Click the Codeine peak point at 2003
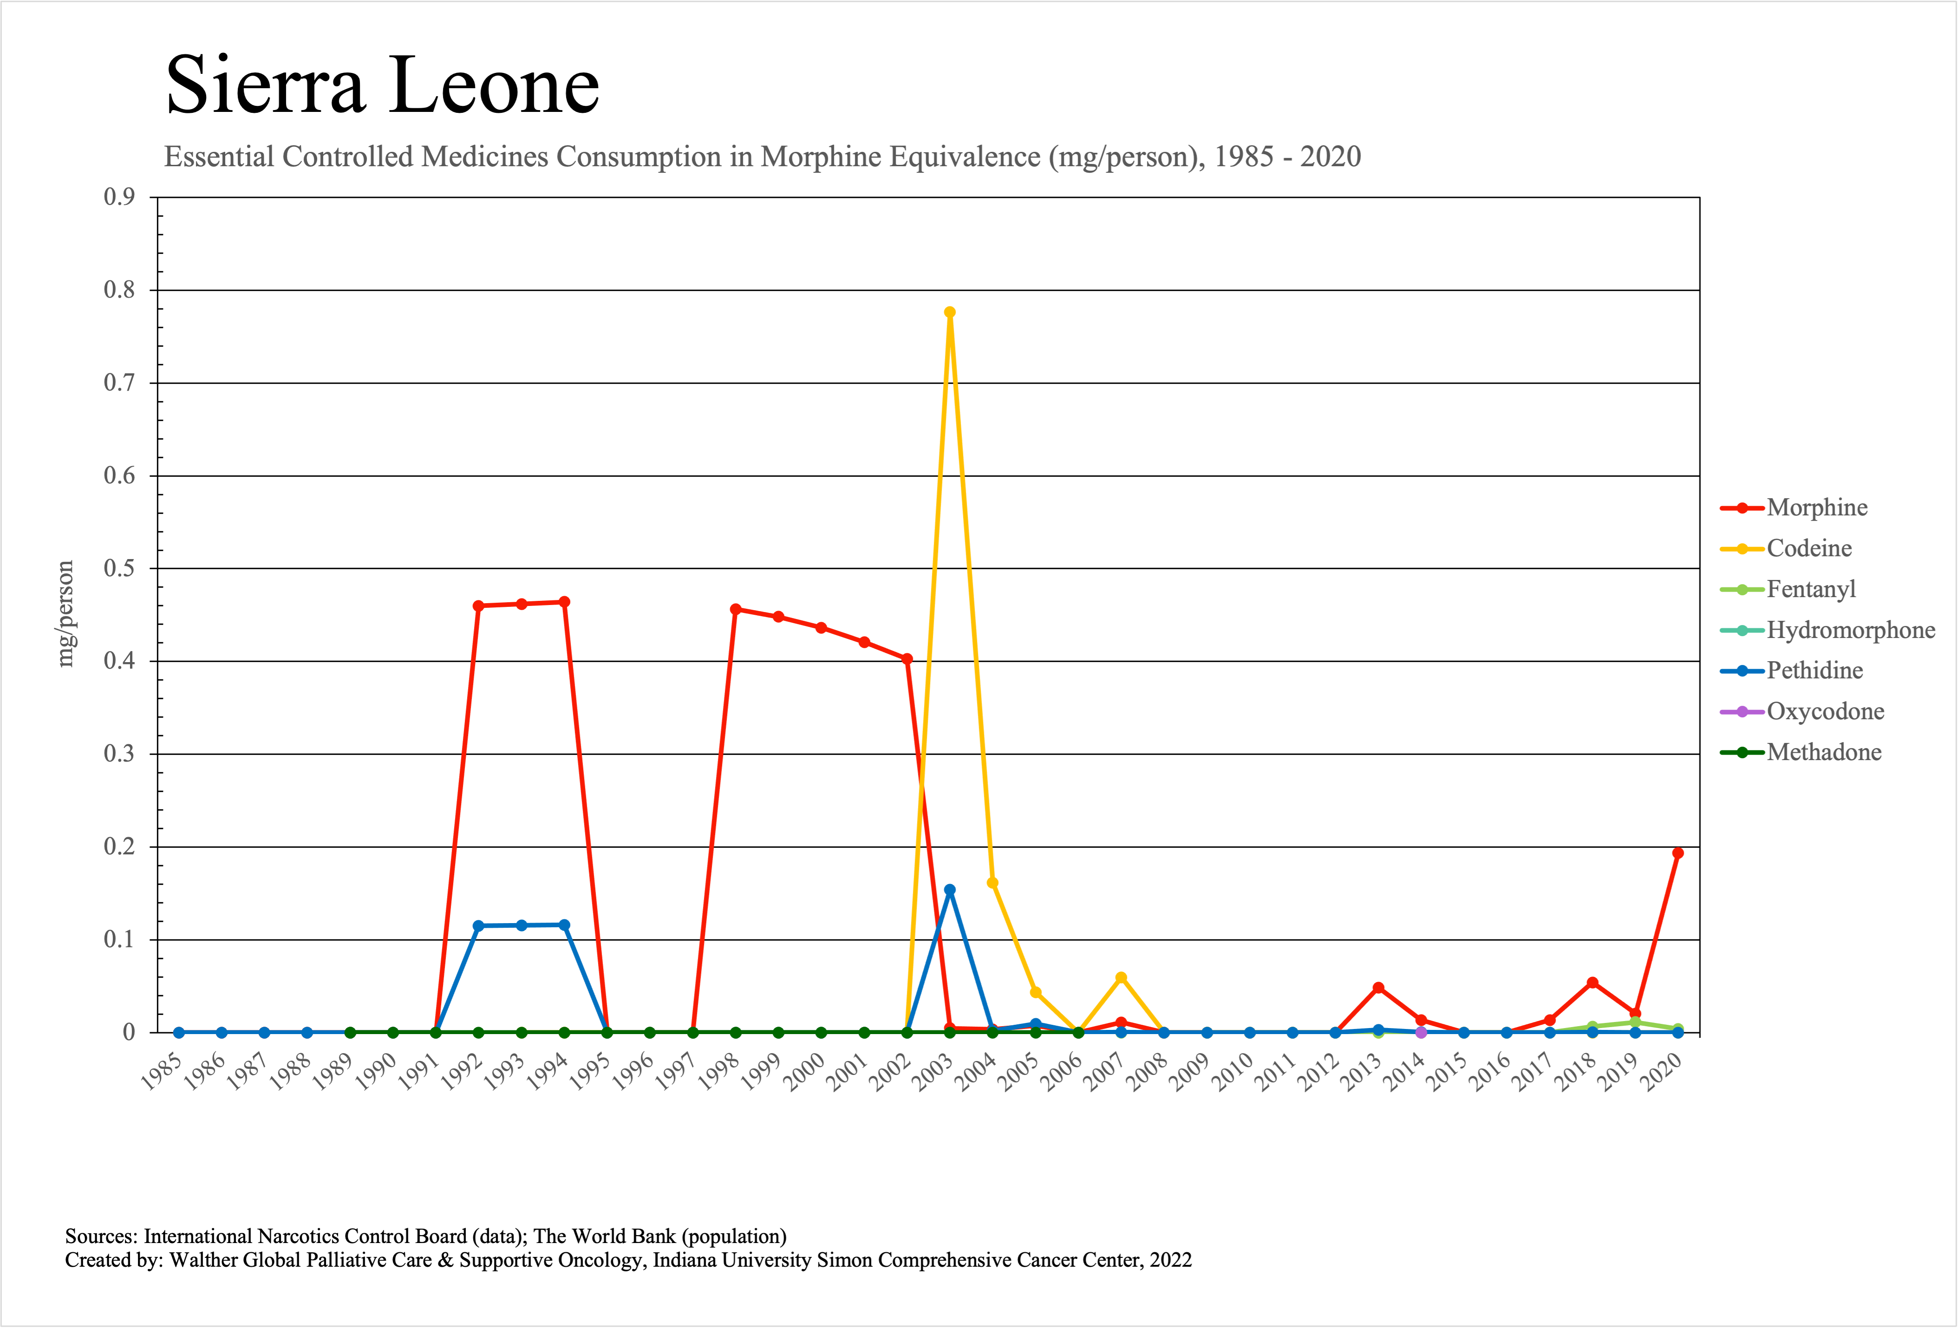pyautogui.click(x=950, y=312)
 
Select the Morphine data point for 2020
pyautogui.click(x=1678, y=853)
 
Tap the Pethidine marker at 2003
pyautogui.click(x=950, y=890)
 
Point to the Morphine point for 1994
pyautogui.click(x=564, y=602)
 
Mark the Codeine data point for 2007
pyautogui.click(x=1121, y=978)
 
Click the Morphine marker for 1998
pyautogui.click(x=736, y=609)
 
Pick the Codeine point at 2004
pyautogui.click(x=993, y=883)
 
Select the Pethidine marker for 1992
pyautogui.click(x=478, y=926)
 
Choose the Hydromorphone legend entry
pyautogui.click(x=1850, y=630)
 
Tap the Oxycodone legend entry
pyautogui.click(x=1825, y=712)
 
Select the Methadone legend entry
pyautogui.click(x=1823, y=752)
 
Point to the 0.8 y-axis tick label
pyautogui.click(x=119, y=290)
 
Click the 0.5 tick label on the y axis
pyautogui.click(x=119, y=568)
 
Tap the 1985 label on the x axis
pyautogui.click(x=162, y=1073)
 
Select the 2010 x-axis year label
pyautogui.click(x=1233, y=1073)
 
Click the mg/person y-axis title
pyautogui.click(x=65, y=614)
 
